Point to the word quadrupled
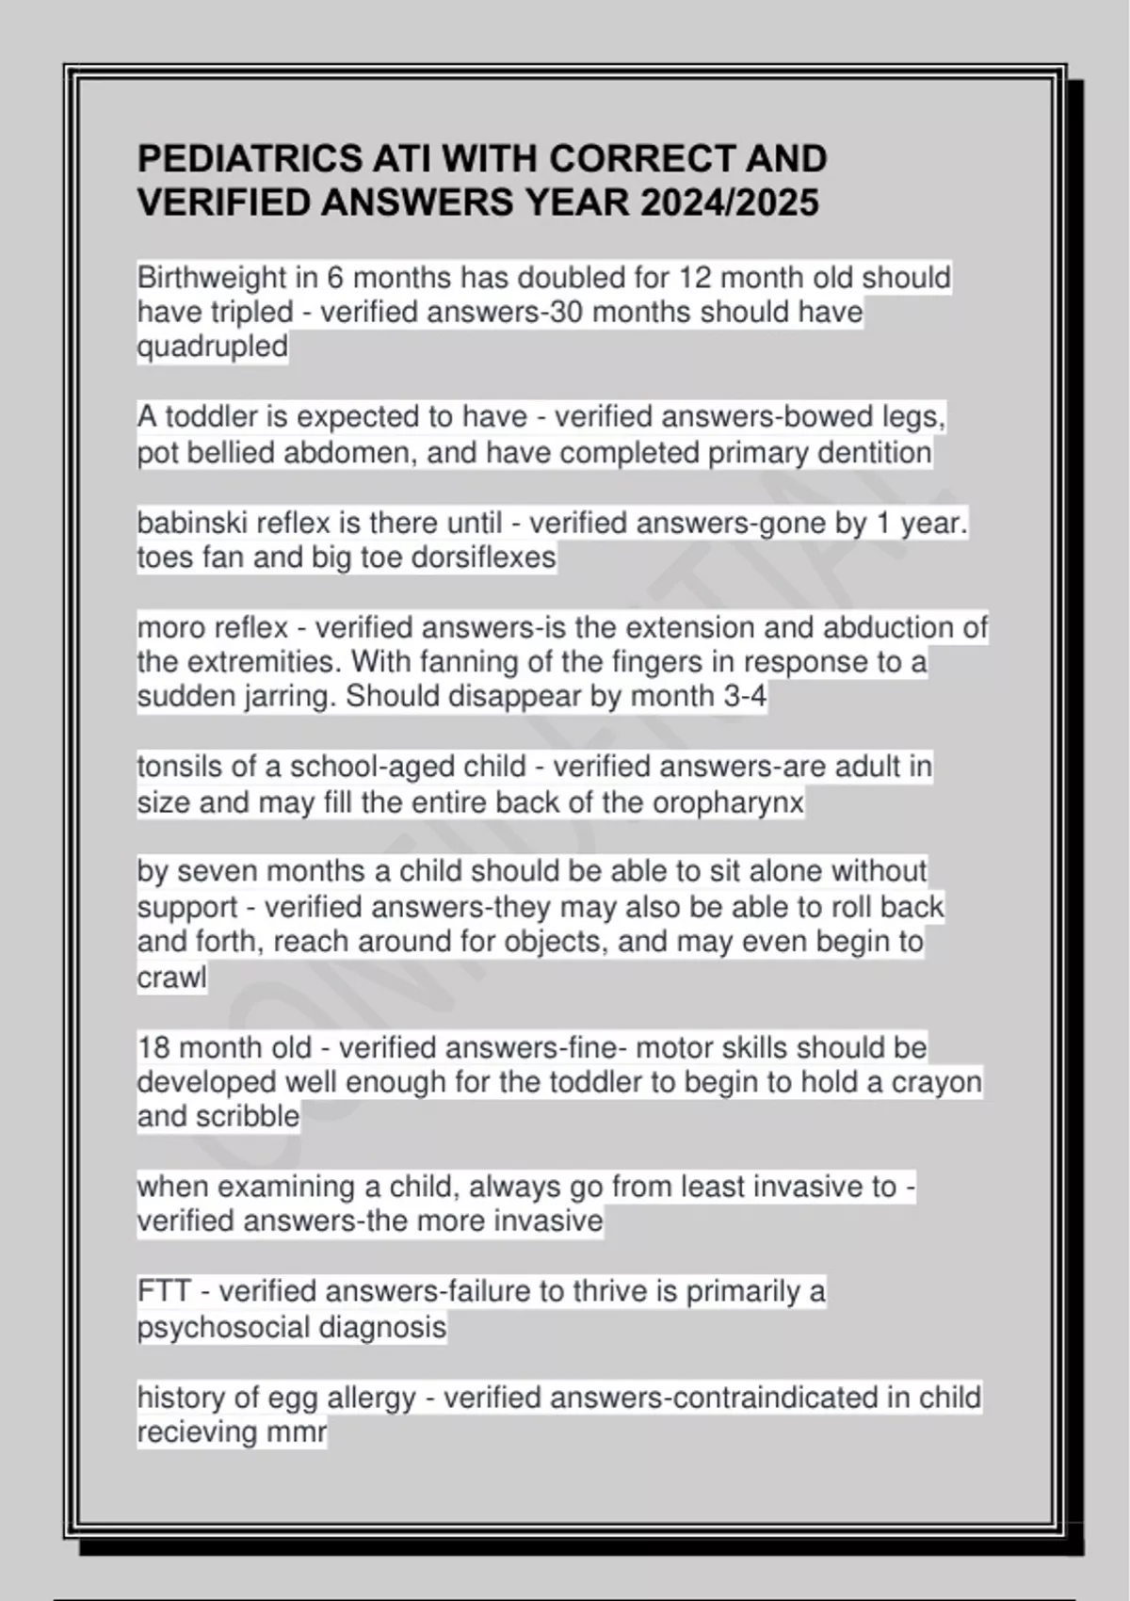click(213, 348)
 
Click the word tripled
click(243, 313)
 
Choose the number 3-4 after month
click(745, 697)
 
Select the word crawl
click(172, 978)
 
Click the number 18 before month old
click(153, 1047)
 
